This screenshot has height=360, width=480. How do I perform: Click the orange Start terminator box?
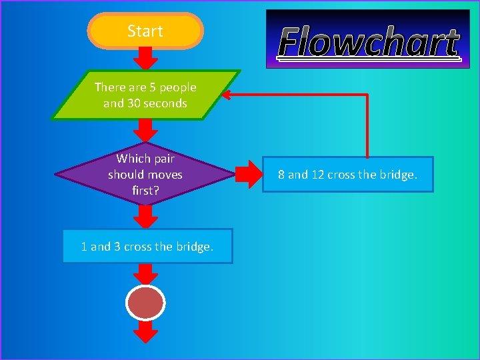(145, 31)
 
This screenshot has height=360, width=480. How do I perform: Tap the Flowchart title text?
(369, 43)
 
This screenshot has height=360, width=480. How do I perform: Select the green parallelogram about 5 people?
(145, 95)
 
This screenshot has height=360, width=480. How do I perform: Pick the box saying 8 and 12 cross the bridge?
(347, 175)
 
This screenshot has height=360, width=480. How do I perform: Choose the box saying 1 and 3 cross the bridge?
(147, 246)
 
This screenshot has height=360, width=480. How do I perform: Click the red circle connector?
(145, 303)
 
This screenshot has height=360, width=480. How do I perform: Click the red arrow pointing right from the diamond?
(250, 175)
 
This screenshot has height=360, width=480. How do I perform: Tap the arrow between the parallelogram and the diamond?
(145, 130)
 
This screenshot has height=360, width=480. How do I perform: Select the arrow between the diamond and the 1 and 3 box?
(145, 216)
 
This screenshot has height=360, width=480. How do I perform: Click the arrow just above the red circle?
(145, 273)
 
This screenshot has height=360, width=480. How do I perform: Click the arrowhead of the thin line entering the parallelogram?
(227, 95)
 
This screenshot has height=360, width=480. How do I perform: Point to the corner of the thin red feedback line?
(367, 95)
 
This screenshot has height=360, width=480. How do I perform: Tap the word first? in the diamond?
(145, 191)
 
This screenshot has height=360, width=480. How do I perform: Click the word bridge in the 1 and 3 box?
(193, 246)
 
